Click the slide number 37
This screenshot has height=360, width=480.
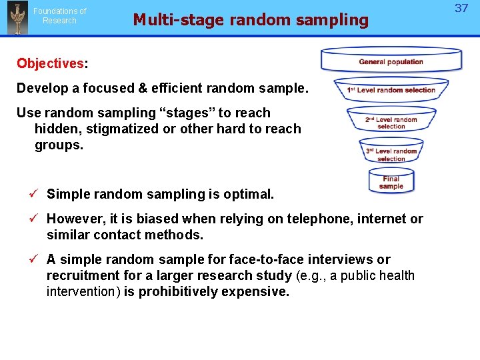461,9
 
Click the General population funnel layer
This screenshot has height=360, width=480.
391,61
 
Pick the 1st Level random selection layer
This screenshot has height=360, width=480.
391,90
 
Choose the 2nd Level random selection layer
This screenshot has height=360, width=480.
391,123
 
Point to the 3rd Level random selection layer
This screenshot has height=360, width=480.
391,154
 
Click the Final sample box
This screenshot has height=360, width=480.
391,182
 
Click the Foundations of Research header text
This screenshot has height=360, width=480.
60,15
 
